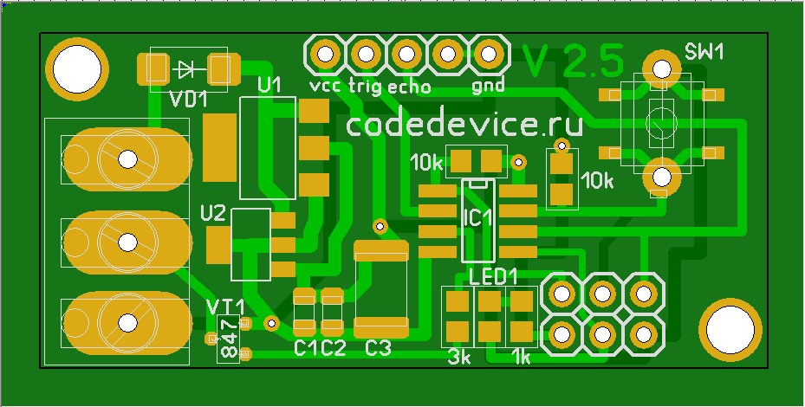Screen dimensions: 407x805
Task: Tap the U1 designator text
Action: pos(270,85)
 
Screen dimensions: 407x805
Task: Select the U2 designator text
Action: pos(213,213)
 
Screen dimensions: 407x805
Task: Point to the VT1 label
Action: pos(225,307)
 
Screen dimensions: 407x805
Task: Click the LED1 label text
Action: pos(493,277)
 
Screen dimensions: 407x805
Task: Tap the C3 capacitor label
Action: pos(378,348)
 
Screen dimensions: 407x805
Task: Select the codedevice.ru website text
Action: pos(464,125)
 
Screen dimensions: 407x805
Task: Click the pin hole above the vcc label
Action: pos(325,54)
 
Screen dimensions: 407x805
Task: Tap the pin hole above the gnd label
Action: pos(488,54)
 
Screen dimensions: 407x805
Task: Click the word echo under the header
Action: pos(410,87)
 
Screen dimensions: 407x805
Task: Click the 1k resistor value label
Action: pos(521,357)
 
